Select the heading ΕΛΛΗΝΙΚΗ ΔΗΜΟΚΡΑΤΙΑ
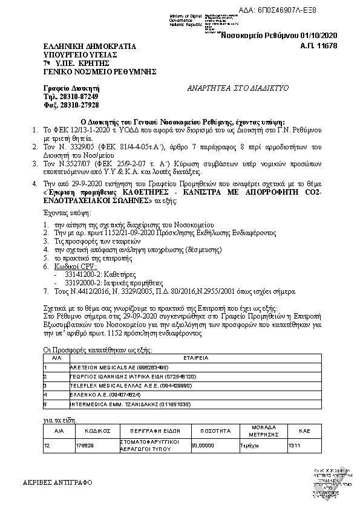(x=90, y=46)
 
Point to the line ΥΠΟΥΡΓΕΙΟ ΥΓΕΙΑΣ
(x=79, y=54)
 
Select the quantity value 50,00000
(x=203, y=445)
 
